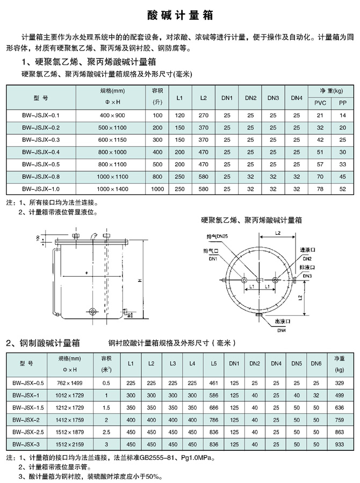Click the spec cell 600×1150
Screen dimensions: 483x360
click(x=112, y=139)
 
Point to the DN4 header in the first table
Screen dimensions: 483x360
click(x=297, y=98)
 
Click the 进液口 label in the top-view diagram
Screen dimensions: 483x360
click(x=308, y=250)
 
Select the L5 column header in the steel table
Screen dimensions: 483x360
click(x=213, y=364)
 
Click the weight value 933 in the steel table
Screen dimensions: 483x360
click(x=339, y=444)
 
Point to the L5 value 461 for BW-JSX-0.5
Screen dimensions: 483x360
click(x=213, y=383)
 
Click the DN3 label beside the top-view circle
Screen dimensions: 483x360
click(x=307, y=276)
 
